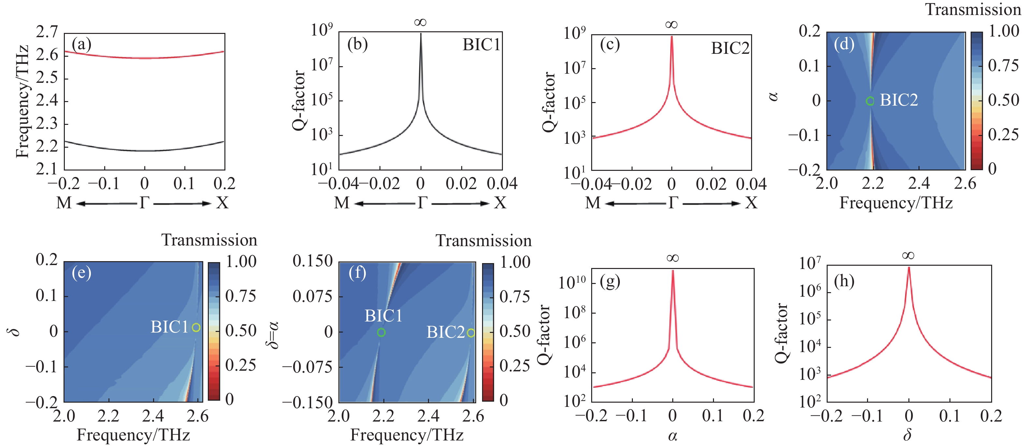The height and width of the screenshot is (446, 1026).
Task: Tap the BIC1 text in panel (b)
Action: [x=481, y=45]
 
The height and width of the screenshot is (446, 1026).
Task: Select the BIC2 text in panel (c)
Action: [x=730, y=48]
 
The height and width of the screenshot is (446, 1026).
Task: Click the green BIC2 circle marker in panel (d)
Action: [x=870, y=101]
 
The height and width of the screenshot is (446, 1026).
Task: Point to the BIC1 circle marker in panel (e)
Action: [x=195, y=327]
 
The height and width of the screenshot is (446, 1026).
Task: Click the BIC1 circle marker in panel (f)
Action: [x=381, y=332]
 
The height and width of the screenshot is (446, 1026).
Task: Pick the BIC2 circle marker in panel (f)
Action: [x=470, y=333]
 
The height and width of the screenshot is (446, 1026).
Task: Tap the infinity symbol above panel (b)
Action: [x=420, y=22]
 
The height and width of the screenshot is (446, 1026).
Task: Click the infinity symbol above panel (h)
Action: [x=908, y=256]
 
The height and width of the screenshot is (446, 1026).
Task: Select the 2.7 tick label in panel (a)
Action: [x=47, y=32]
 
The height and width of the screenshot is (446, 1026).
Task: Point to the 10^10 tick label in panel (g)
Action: [x=572, y=283]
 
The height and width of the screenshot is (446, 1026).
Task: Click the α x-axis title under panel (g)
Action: [x=672, y=436]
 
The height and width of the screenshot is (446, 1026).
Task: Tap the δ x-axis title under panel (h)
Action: [x=908, y=435]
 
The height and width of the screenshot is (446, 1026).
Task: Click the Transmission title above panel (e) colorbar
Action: [x=209, y=240]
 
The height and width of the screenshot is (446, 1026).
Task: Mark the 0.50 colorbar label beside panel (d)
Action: [x=1003, y=100]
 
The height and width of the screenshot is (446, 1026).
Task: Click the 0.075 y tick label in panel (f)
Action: [x=312, y=297]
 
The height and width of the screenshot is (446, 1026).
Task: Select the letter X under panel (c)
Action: [x=751, y=203]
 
